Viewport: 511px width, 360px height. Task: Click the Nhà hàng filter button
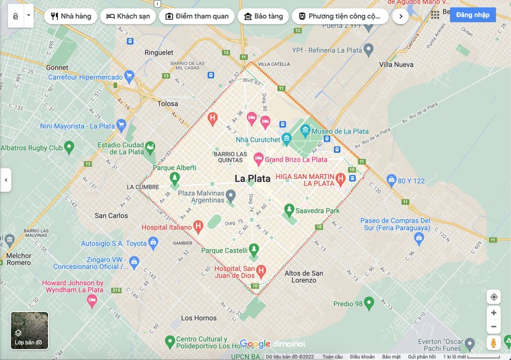pos(71,16)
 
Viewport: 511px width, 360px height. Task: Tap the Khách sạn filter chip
pos(128,16)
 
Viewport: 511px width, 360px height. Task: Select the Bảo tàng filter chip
pos(263,16)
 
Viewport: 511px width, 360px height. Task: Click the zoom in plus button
pos(494,312)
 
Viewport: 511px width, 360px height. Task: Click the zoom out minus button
pos(494,326)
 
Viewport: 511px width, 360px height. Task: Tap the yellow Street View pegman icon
pos(494,343)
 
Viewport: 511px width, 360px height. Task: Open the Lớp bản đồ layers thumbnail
pos(30,330)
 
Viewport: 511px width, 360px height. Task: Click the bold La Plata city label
pos(252,178)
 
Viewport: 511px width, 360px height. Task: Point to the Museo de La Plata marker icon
pos(306,131)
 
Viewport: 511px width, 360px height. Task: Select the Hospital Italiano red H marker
pos(198,226)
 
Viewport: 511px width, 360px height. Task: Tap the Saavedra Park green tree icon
pos(289,210)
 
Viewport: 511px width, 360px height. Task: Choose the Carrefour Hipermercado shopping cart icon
pos(129,77)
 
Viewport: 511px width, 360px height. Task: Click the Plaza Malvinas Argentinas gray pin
pos(231,195)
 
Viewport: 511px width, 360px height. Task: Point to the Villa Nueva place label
pos(396,64)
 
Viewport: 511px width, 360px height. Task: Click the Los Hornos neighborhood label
pos(199,318)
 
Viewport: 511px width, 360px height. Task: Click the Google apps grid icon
pos(435,15)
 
